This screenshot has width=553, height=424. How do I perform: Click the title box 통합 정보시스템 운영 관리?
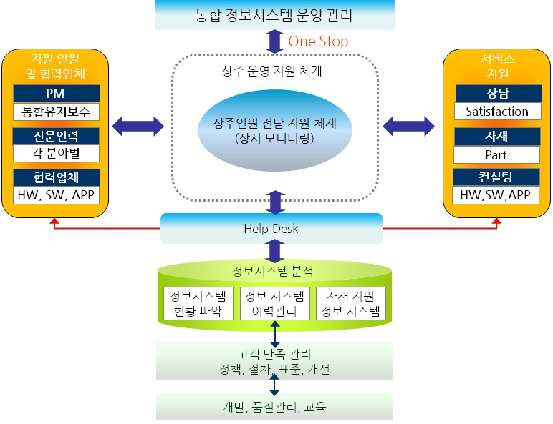pos(274,14)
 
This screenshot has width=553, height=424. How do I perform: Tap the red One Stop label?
pos(318,41)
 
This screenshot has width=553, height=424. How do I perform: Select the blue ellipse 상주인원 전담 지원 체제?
pos(274,130)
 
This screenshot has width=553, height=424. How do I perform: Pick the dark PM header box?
pos(56,93)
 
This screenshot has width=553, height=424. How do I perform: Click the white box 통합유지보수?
pos(56,111)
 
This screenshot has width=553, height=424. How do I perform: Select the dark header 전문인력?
pos(56,135)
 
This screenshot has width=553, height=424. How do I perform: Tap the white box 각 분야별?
pos(56,152)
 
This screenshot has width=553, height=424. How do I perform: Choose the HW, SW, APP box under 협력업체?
pos(56,195)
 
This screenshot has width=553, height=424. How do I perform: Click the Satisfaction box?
pos(497,111)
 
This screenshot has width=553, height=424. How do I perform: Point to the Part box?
pos(497,154)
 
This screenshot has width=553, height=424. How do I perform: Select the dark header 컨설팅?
pos(497,177)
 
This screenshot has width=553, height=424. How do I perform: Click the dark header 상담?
pos(497,93)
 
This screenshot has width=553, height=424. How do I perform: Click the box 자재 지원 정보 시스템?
pos(351,303)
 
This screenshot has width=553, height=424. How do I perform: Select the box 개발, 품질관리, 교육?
pos(274,407)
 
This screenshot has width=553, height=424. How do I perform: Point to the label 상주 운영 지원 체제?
pos(272,72)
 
